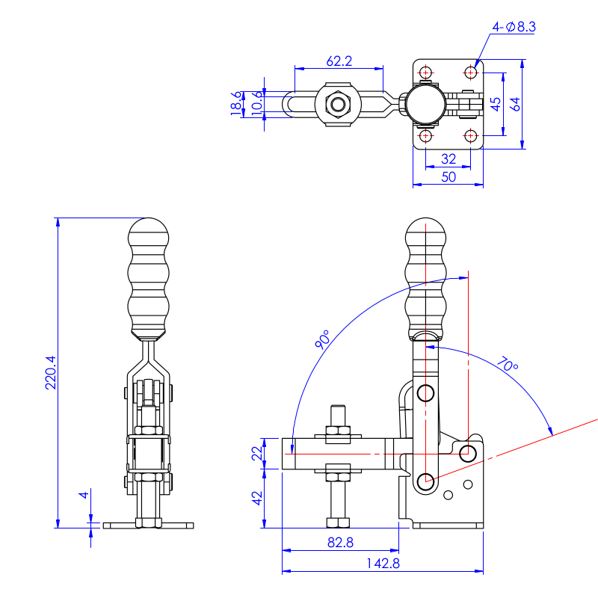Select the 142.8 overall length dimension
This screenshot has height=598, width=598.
pyautogui.click(x=383, y=564)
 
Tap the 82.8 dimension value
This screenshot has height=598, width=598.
pyautogui.click(x=340, y=543)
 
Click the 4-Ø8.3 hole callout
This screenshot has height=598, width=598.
pyautogui.click(x=514, y=27)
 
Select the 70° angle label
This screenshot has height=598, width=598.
pyautogui.click(x=506, y=366)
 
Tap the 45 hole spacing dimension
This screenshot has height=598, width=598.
pyautogui.click(x=495, y=104)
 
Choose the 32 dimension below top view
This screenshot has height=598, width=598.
pyautogui.click(x=449, y=158)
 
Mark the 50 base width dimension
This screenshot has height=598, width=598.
pyautogui.click(x=449, y=177)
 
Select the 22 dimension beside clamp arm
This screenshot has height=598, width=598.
pyautogui.click(x=257, y=453)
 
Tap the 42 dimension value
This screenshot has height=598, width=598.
pyautogui.click(x=257, y=498)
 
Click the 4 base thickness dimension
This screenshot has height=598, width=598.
pyautogui.click(x=85, y=495)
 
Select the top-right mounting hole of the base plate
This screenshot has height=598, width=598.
pyautogui.click(x=471, y=73)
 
